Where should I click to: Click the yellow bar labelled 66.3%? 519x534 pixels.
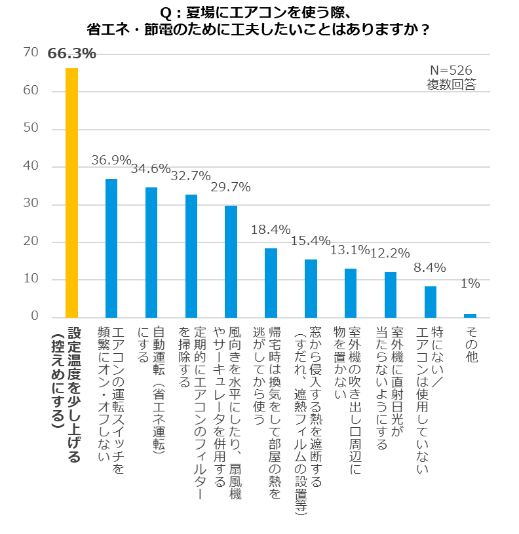pyautogui.click(x=71, y=193)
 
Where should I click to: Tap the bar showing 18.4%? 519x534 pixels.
pyautogui.click(x=271, y=282)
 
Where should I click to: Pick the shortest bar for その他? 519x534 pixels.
pyautogui.click(x=470, y=315)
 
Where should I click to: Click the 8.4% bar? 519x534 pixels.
pyautogui.click(x=431, y=301)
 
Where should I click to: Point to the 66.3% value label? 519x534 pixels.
pyautogui.click(x=72, y=54)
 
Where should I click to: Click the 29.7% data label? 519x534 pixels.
pyautogui.click(x=231, y=187)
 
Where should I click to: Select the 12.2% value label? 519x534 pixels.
pyautogui.click(x=391, y=253)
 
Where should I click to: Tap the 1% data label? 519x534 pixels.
pyautogui.click(x=470, y=284)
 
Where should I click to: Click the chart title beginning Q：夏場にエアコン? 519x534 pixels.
pyautogui.click(x=259, y=22)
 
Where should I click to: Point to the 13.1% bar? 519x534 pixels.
pyautogui.click(x=351, y=293)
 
